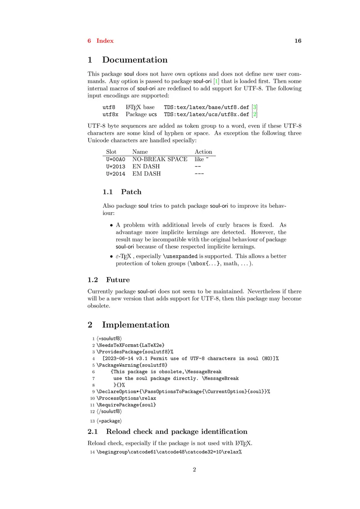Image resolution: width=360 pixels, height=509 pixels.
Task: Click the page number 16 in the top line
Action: tap(297, 41)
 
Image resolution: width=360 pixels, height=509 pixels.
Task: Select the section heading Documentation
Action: tap(135, 60)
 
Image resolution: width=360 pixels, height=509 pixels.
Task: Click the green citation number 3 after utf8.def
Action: tap(255, 107)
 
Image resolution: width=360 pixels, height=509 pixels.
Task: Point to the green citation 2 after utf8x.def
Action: tap(255, 115)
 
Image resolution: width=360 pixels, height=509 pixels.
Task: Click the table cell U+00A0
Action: tap(116, 160)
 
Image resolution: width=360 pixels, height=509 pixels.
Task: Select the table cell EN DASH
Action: tap(146, 167)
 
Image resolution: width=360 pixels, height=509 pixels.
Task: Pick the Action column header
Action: tap(203, 152)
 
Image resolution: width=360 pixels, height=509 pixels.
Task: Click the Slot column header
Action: tap(111, 152)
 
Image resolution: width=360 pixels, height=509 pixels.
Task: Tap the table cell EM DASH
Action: tap(146, 174)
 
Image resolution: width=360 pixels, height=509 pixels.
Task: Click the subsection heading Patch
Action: tap(131, 192)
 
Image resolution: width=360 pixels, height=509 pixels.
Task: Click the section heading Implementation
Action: tap(135, 325)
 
